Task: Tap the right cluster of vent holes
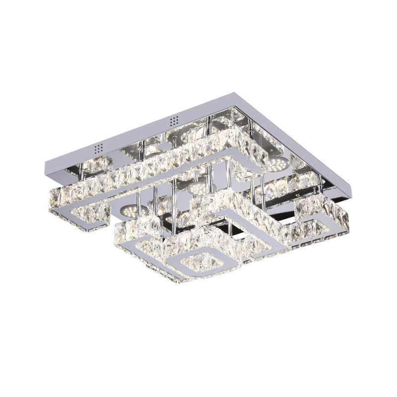click(174, 121)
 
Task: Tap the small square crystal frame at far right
click(318, 218)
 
